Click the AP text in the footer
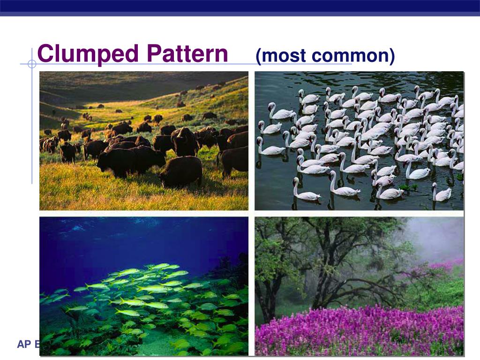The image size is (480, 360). pyautogui.click(x=23, y=345)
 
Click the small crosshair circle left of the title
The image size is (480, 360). pyautogui.click(x=32, y=64)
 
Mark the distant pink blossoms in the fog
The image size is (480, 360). pyautogui.click(x=448, y=265)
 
